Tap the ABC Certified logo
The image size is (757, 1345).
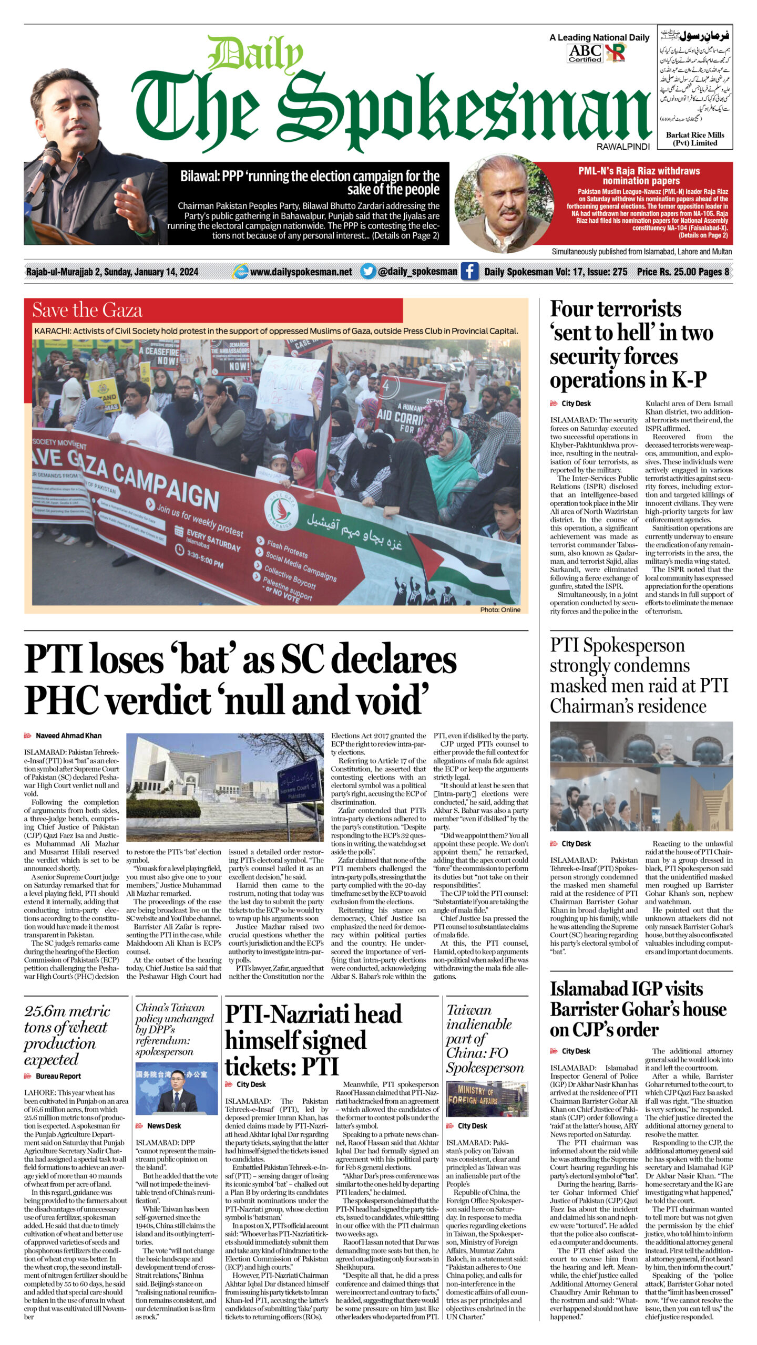(585, 53)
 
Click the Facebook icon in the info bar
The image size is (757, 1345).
(469, 272)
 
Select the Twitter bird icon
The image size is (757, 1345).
(368, 271)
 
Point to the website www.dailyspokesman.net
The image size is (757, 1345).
(301, 272)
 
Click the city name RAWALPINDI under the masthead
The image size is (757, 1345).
(623, 147)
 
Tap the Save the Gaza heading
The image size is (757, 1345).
(87, 310)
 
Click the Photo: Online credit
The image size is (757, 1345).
(500, 609)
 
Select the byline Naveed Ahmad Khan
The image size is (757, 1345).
(68, 736)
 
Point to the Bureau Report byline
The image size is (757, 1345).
(58, 1076)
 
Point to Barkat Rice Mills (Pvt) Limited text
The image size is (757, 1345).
(694, 139)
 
